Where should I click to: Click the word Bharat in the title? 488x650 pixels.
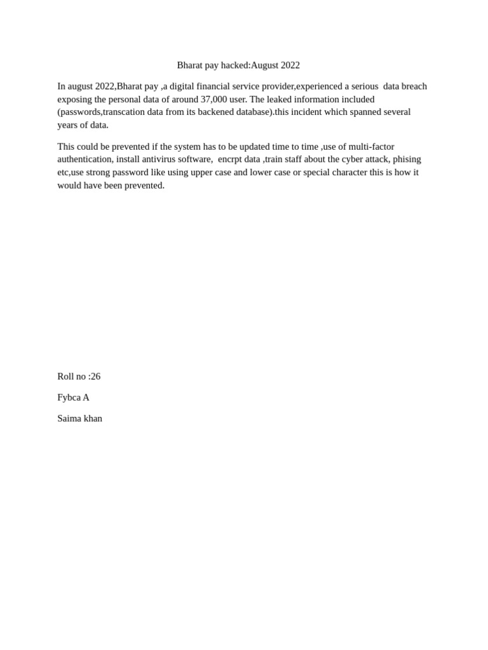point(189,65)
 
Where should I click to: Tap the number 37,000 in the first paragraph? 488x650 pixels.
point(214,100)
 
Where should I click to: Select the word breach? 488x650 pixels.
point(414,86)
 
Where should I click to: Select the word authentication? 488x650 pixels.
point(85,159)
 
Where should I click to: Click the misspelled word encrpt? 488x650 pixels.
point(230,159)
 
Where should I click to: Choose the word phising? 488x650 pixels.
point(407,159)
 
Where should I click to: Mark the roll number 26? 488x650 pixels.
point(95,376)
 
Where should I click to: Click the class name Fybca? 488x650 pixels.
point(69,397)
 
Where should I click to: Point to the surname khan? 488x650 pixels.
point(93,418)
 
